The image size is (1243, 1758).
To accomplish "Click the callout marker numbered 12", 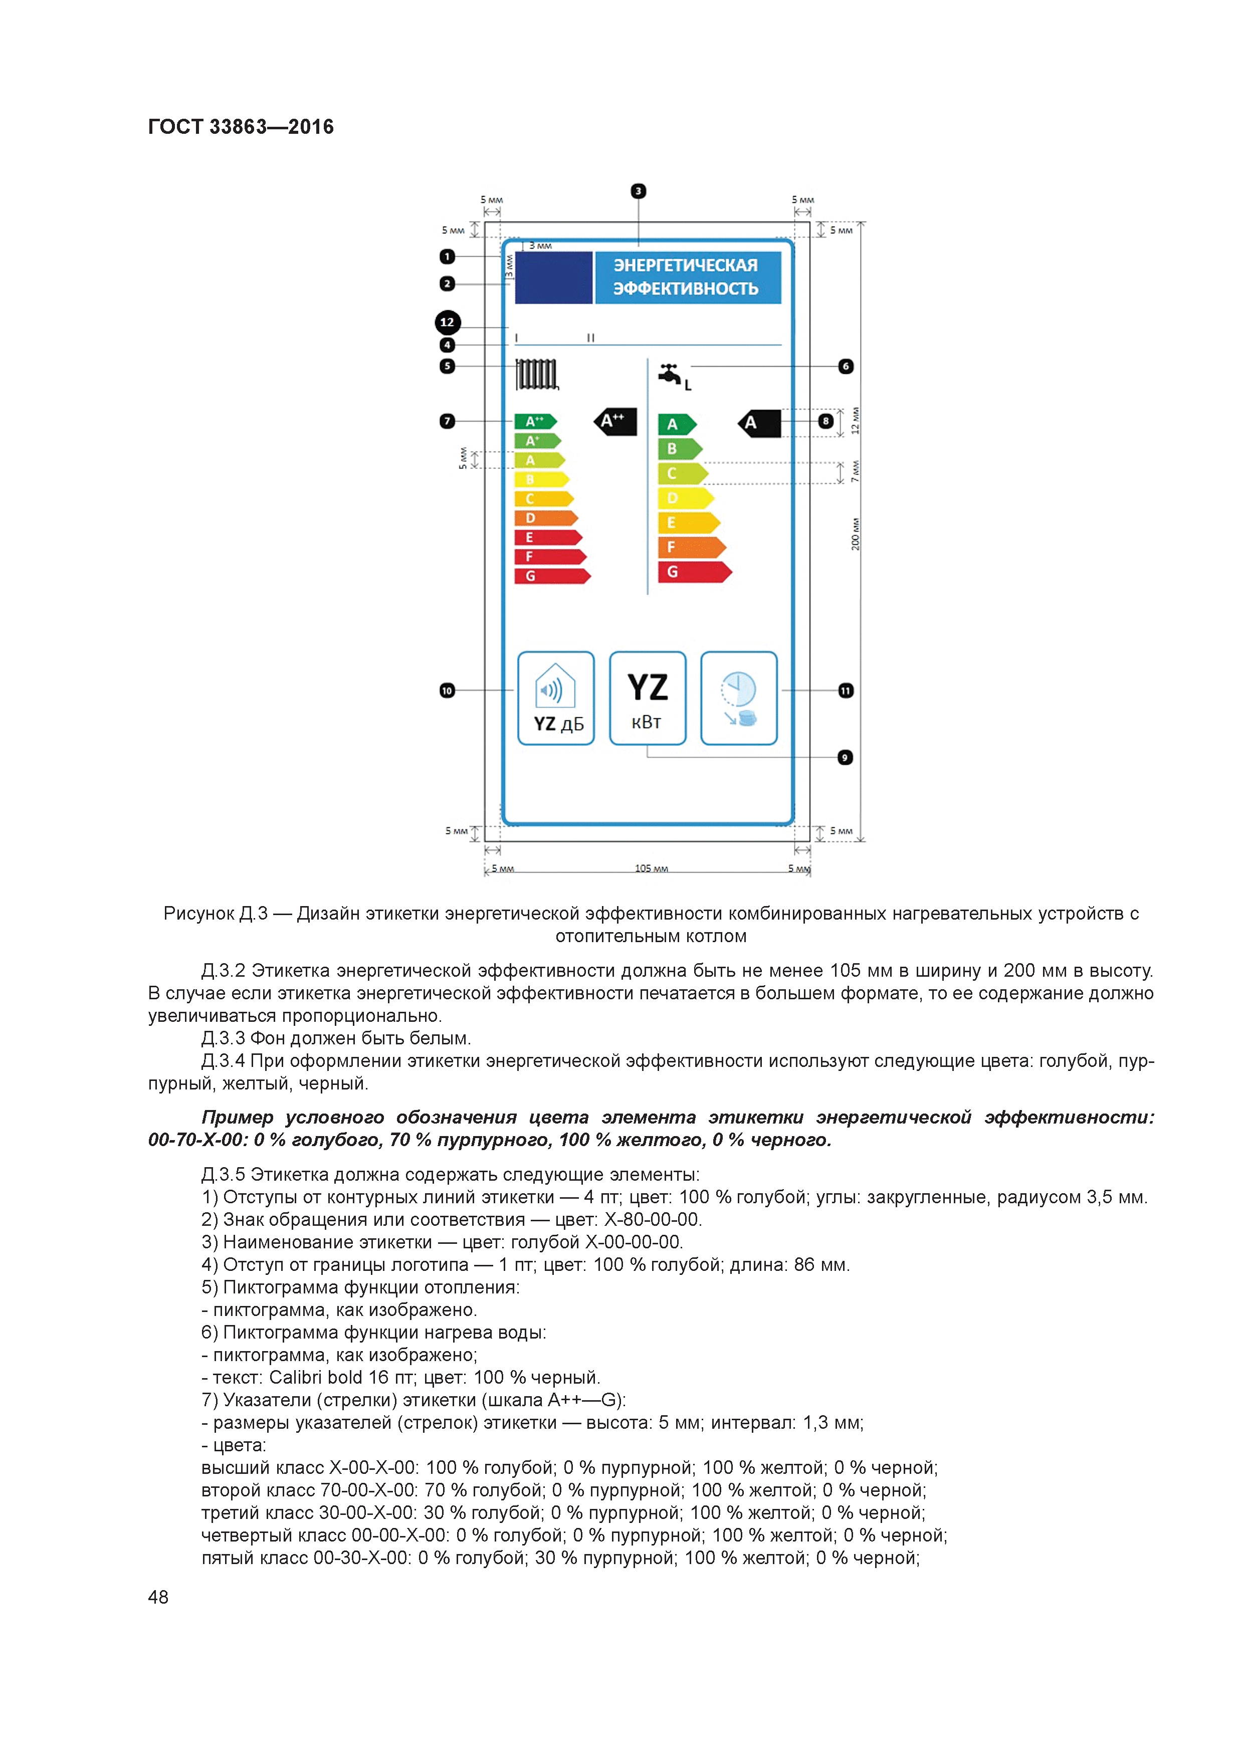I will click(x=447, y=322).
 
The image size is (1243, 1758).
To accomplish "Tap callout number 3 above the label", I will click(x=638, y=190).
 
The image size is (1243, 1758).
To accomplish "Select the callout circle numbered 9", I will click(x=845, y=757).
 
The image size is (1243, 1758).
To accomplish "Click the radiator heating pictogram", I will click(x=536, y=374).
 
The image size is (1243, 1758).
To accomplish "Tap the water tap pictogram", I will click(x=671, y=374).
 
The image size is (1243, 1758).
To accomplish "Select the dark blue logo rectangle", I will click(x=553, y=277).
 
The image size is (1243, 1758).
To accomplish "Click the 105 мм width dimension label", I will click(x=651, y=868).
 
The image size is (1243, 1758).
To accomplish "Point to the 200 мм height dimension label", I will click(x=856, y=534).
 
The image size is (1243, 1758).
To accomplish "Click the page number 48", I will click(x=158, y=1597).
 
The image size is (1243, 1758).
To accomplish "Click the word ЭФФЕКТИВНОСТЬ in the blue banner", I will click(x=686, y=289).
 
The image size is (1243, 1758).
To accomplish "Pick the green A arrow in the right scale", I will click(x=676, y=424).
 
